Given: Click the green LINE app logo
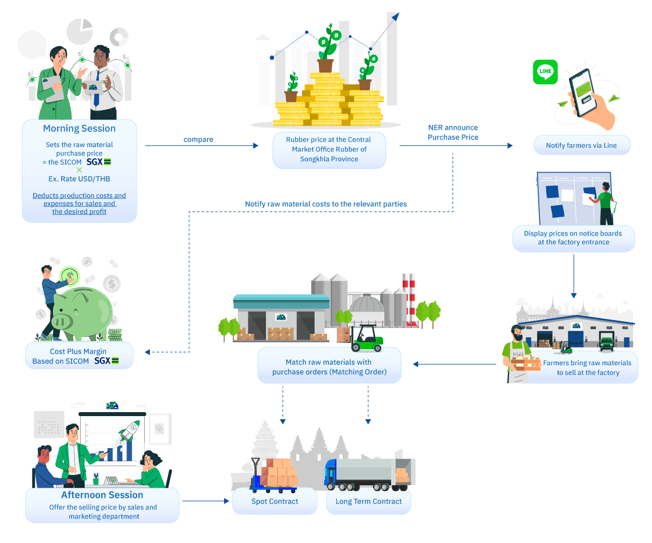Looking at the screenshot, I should [x=546, y=71].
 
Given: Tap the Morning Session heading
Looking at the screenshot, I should [x=79, y=129].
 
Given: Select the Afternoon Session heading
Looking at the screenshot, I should [x=102, y=495].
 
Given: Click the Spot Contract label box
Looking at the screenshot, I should [x=275, y=501].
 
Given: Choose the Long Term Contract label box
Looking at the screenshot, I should [x=369, y=501].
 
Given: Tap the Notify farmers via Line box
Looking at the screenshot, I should [x=581, y=145].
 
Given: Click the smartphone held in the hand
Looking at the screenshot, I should [x=587, y=91].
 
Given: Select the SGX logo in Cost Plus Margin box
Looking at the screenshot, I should [x=106, y=361].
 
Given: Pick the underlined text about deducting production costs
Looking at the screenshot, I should [x=79, y=203].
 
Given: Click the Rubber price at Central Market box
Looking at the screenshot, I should [x=329, y=149].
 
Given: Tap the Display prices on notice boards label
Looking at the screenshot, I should [x=573, y=238].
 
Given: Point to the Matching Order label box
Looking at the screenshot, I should [x=329, y=366].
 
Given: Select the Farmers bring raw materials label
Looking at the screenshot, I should [x=587, y=368].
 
